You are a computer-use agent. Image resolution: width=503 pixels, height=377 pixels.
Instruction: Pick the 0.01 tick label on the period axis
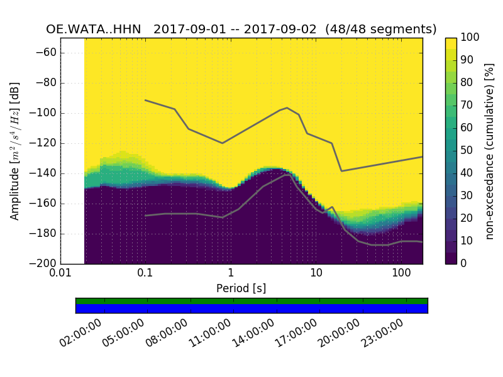[x=60, y=275]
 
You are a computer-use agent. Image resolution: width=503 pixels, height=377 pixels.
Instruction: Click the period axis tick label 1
[x=231, y=275]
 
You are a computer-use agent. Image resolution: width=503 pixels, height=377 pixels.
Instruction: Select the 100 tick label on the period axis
[x=401, y=275]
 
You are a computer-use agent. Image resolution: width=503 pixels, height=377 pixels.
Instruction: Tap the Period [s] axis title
[x=241, y=288]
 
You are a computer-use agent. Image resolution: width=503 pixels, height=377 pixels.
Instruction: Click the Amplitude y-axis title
[x=14, y=151]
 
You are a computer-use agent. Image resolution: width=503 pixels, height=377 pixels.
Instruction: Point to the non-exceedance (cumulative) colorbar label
[x=490, y=151]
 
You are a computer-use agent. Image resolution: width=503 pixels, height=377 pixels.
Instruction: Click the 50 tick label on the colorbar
[x=466, y=151]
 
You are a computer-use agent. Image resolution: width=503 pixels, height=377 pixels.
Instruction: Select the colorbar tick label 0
[x=463, y=263]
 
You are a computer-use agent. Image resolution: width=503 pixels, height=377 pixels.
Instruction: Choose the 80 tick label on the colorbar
[x=466, y=83]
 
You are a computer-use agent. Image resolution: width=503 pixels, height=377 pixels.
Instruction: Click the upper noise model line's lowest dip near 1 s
[x=222, y=143]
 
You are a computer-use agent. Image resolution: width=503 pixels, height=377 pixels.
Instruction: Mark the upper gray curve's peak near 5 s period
[x=287, y=107]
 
